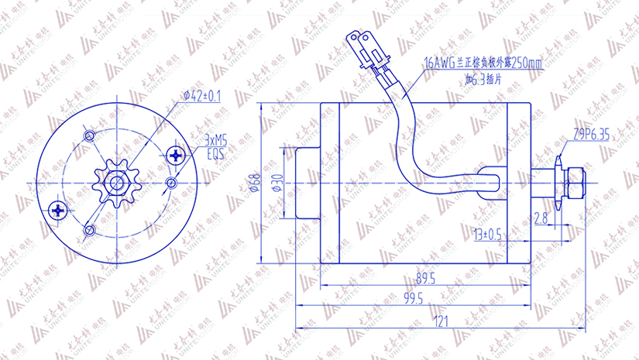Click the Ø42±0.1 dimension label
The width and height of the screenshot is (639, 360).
202,96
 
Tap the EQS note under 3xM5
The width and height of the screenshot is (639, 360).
214,153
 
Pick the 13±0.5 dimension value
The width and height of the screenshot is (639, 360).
487,233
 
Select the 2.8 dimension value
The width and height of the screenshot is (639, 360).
541,219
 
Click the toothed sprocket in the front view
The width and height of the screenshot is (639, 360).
117,183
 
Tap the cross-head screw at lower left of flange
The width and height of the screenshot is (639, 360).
58,209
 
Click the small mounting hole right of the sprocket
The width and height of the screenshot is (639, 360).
171,183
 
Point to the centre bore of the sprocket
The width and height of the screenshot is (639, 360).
117,183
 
